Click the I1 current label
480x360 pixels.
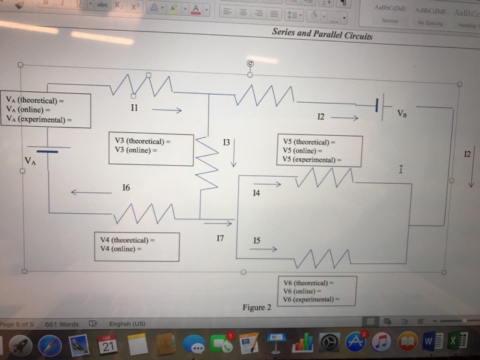134,108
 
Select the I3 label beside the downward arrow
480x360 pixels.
226,143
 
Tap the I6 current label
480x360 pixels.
125,187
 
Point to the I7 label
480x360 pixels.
220,238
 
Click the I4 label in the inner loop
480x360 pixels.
256,194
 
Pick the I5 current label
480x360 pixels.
256,240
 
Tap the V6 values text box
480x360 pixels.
317,291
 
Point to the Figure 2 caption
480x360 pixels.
256,307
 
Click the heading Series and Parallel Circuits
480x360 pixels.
322,34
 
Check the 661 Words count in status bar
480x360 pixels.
62,324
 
